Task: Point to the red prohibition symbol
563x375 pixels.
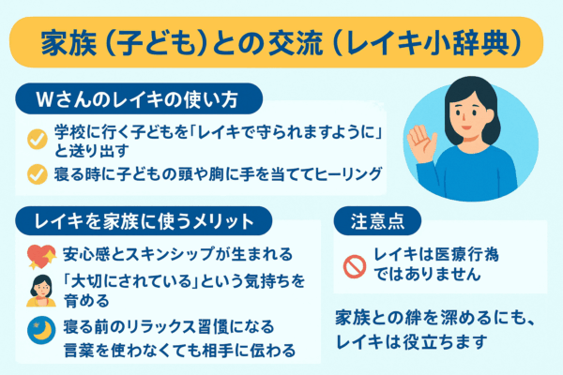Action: [x=354, y=266]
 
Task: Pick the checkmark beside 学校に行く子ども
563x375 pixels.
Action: [x=38, y=139]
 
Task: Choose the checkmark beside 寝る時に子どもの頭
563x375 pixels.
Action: [x=38, y=173]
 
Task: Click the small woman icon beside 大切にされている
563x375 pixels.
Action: [x=39, y=290]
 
